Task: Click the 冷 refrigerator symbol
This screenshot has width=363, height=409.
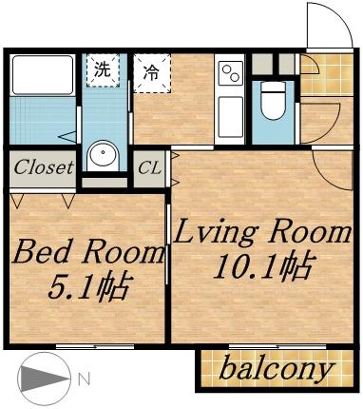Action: (150, 71)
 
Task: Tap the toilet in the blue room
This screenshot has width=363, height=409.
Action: (273, 103)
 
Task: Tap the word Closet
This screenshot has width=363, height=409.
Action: (43, 168)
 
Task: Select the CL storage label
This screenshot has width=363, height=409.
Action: (149, 168)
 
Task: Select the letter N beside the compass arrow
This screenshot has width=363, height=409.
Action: (84, 379)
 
